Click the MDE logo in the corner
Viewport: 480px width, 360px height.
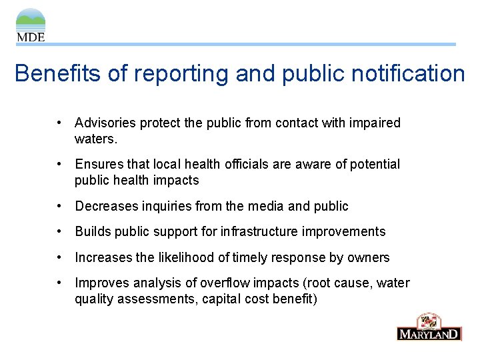[31, 25]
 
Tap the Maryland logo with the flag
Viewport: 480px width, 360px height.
[429, 327]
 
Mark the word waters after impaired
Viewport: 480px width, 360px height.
[95, 139]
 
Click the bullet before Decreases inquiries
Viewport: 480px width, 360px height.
[60, 207]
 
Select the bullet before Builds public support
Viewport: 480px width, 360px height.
[60, 232]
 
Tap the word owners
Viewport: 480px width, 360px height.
[372, 258]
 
